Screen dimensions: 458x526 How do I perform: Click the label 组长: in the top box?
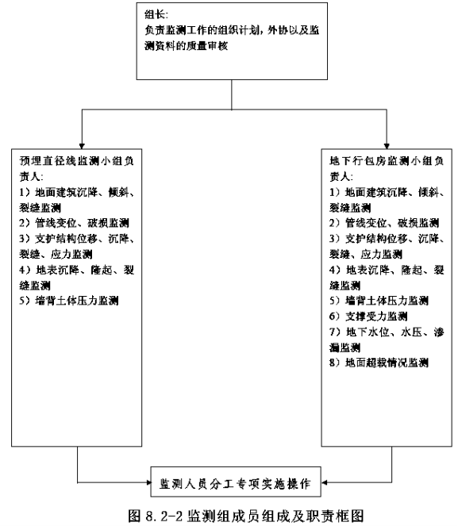coord(156,14)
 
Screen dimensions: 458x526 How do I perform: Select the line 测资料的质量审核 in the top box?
coord(187,46)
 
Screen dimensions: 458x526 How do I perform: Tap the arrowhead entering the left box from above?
coord(82,146)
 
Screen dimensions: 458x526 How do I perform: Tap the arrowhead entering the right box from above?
coord(387,146)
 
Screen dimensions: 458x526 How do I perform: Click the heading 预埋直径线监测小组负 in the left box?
coord(77,161)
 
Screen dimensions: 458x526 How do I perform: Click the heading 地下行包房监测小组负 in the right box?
coord(387,161)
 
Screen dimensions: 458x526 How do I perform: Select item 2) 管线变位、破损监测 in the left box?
coord(74,223)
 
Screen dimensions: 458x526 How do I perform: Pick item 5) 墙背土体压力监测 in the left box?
coord(69,301)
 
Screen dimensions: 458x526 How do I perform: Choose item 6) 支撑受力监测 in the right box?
coord(368,316)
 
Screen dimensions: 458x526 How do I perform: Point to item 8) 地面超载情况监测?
coord(379,363)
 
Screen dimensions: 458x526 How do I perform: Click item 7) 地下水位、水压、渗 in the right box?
coord(387,332)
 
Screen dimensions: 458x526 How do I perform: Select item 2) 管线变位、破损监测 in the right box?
coord(384,223)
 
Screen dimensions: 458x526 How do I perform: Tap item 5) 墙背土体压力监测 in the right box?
coord(379,301)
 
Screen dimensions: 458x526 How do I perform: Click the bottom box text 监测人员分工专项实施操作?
coord(235,484)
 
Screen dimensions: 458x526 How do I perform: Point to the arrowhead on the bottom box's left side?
coord(148,482)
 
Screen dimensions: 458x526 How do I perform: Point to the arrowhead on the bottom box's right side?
coord(324,482)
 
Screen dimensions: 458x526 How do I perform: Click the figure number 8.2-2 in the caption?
coord(164,516)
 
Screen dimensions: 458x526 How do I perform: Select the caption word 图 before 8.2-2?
coord(135,516)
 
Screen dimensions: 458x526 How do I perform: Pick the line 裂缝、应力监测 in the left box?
coord(56,255)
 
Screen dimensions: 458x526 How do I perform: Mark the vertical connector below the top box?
coord(232,94)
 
